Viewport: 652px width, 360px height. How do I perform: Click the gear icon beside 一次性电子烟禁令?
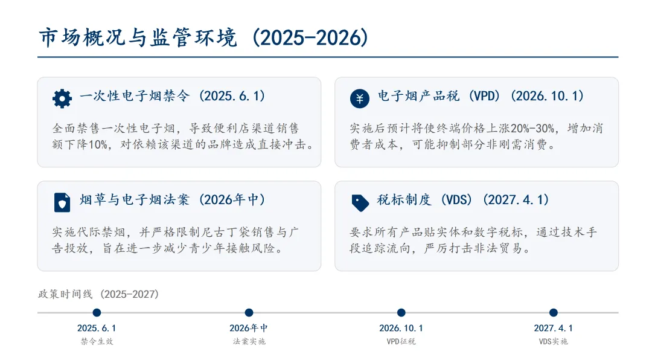pos(62,98)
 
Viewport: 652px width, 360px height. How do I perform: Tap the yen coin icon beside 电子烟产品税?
pos(360,98)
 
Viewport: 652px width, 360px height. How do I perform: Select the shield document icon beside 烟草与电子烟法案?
pos(62,202)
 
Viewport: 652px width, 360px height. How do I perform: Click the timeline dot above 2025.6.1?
pos(97,312)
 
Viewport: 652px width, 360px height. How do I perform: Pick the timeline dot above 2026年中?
pos(249,312)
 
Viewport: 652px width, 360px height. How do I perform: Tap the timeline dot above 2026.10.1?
pos(401,312)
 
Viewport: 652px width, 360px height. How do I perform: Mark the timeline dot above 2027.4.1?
pos(553,312)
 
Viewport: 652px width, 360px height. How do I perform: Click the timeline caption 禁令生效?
pos(97,341)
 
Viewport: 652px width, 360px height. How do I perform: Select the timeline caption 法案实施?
pos(249,341)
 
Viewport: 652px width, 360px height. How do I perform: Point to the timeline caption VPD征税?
pos(401,341)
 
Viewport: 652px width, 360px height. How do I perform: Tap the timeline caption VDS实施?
pos(553,341)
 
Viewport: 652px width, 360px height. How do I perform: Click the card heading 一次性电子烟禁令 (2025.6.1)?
pos(173,96)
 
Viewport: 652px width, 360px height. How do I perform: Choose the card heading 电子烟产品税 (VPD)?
pos(481,96)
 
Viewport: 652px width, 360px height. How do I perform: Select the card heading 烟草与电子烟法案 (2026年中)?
pos(173,200)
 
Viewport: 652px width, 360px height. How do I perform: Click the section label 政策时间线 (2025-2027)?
pos(98,294)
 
